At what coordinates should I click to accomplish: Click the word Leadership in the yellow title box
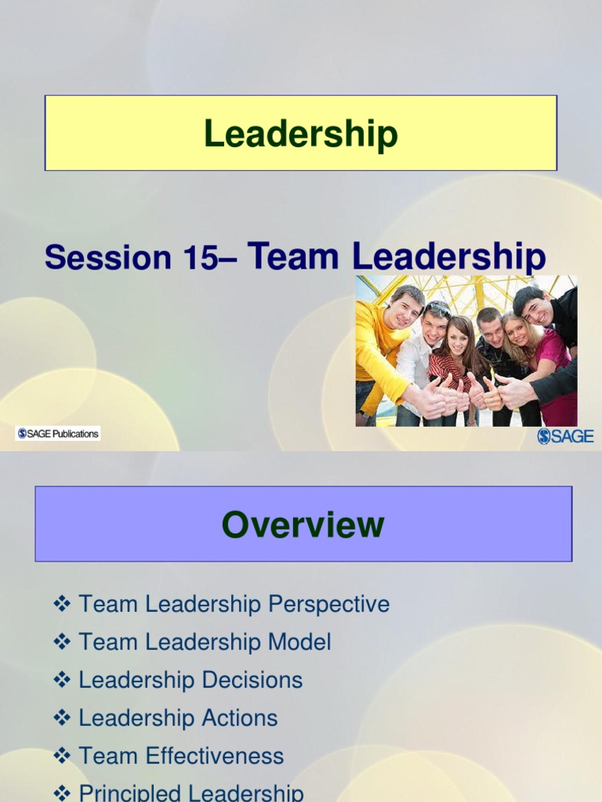(x=301, y=134)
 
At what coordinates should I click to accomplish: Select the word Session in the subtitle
(x=107, y=258)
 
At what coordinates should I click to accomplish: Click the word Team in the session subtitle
(x=295, y=257)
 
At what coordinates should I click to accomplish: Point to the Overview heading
(x=303, y=525)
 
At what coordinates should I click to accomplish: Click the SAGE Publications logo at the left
(x=58, y=433)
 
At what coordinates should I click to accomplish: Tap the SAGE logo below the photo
(x=565, y=436)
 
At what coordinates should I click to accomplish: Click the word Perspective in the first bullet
(x=328, y=605)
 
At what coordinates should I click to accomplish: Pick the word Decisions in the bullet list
(x=255, y=680)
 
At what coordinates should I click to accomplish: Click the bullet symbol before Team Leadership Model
(x=62, y=642)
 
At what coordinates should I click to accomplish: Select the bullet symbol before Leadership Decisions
(x=62, y=680)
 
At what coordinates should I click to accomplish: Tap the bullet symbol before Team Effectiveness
(x=62, y=756)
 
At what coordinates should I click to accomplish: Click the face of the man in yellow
(x=404, y=310)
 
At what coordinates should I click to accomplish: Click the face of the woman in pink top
(x=518, y=331)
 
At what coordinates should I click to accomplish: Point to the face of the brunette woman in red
(x=458, y=338)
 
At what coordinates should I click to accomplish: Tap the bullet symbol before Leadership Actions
(x=62, y=718)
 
